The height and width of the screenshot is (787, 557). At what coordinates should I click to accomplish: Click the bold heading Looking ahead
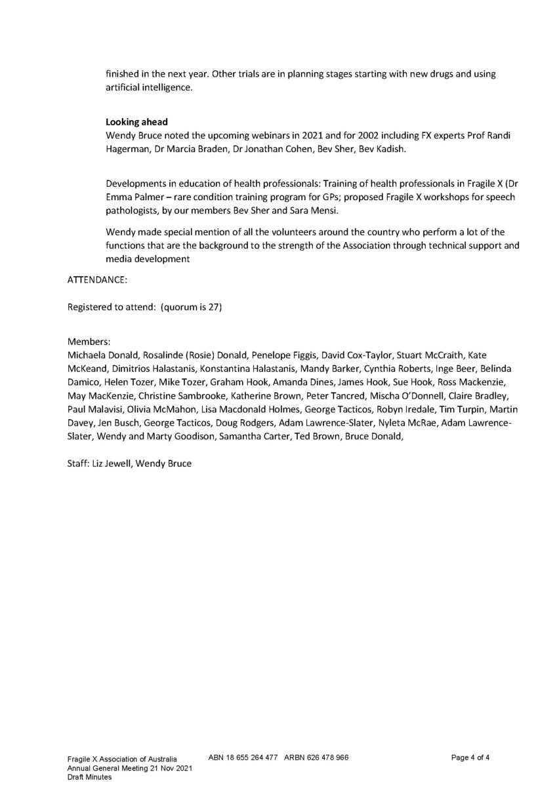136,122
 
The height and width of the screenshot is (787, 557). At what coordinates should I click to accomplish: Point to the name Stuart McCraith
428,354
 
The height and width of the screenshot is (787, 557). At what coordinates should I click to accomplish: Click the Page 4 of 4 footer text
470,757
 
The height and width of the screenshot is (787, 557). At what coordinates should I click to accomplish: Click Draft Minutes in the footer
89,777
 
